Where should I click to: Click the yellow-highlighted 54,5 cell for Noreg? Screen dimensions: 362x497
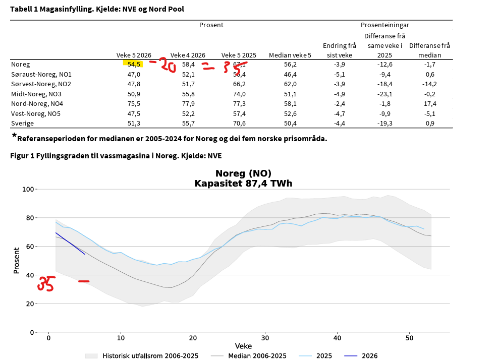tap(133, 64)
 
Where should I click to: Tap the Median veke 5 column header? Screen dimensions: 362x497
tap(290, 55)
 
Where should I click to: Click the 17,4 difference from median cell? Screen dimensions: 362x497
tap(430, 103)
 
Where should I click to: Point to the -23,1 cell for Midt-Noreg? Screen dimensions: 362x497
tap(384, 94)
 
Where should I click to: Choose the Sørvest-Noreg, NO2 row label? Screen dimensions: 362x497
tap(41, 84)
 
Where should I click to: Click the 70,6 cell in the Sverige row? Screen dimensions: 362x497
tap(239, 123)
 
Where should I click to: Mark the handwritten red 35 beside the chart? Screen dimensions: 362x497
tap(46, 284)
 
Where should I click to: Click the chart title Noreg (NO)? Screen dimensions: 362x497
tap(243, 173)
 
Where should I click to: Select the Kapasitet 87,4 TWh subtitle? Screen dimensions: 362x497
tap(243, 184)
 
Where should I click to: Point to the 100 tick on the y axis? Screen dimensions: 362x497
tap(27, 189)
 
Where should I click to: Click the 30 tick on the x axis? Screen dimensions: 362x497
tap(265, 337)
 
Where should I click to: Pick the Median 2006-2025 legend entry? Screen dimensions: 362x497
tap(257, 356)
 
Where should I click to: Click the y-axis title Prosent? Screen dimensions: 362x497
tap(17, 260)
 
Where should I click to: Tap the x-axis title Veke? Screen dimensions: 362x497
tap(243, 346)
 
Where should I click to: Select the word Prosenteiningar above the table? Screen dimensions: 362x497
tap(384, 25)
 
